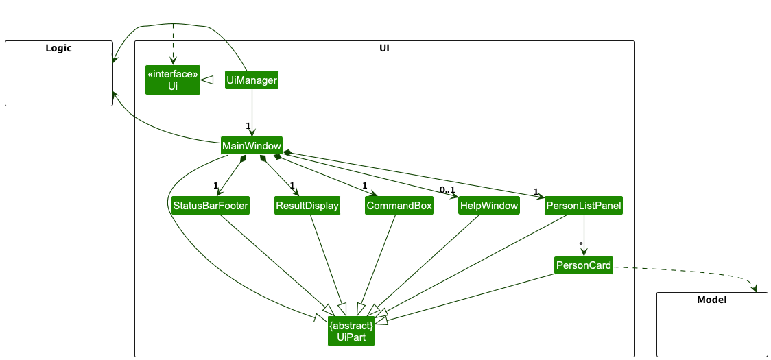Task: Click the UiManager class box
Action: (252, 81)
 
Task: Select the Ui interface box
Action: (173, 80)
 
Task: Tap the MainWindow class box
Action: (252, 146)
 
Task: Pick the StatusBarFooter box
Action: (211, 206)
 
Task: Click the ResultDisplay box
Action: (307, 206)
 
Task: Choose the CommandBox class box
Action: (399, 206)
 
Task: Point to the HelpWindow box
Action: (489, 206)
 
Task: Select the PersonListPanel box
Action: (584, 206)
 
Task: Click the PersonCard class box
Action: (583, 265)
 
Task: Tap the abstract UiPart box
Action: (351, 331)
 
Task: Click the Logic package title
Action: (58, 48)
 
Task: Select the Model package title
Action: (711, 300)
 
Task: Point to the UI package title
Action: (384, 48)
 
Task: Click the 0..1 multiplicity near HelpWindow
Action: (447, 189)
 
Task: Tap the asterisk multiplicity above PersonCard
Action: (581, 244)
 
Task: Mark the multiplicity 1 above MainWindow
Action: (248, 125)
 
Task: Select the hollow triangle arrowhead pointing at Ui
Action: (206, 81)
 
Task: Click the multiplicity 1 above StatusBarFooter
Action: (215, 186)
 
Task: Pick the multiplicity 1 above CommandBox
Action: (365, 186)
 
